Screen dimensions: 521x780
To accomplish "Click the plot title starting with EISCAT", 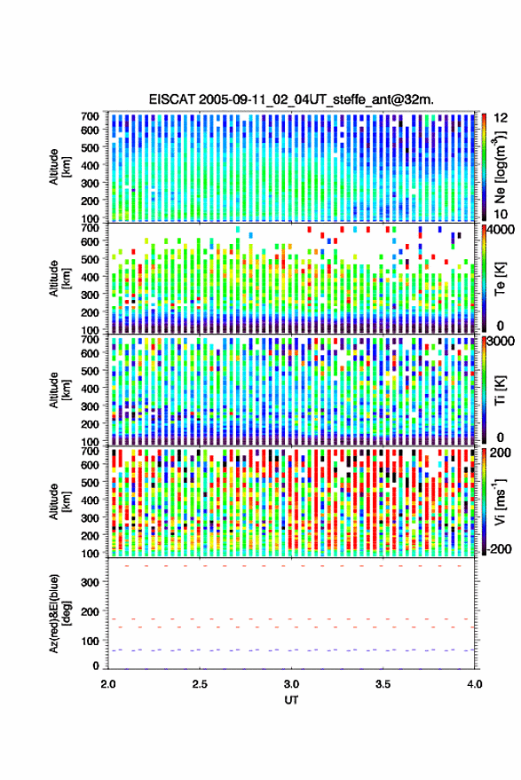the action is [291, 99].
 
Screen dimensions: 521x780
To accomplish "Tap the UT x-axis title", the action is [291, 700].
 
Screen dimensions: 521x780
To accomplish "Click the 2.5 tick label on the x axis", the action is [200, 684].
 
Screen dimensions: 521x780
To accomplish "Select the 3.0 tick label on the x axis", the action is [291, 684].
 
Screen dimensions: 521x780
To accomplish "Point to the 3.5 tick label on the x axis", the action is [383, 684].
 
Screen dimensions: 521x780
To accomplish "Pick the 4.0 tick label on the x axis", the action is [474, 684].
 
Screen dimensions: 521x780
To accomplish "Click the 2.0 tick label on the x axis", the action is [108, 684].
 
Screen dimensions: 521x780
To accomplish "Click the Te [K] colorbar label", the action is [500, 279].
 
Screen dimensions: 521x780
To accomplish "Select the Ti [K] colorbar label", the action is [500, 390].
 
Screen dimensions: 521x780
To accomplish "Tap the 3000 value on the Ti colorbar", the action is [501, 342].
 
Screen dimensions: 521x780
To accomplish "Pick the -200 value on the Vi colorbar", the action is [499, 549].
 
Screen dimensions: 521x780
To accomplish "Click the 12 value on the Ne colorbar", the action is [501, 118].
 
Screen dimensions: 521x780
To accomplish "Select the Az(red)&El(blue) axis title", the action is [60, 613].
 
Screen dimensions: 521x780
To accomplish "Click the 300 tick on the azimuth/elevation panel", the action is [90, 582].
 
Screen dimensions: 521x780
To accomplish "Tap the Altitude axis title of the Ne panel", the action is [60, 167].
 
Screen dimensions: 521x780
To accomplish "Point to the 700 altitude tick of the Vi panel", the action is [90, 451].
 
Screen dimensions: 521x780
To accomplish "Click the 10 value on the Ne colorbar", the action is [501, 215].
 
